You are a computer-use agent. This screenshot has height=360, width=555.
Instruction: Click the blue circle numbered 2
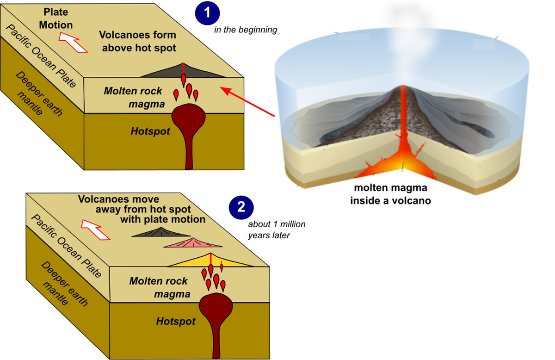pyautogui.click(x=241, y=207)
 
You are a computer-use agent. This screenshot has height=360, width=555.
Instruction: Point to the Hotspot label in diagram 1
pyautogui.click(x=150, y=131)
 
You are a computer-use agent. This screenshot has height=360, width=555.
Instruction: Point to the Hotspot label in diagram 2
pyautogui.click(x=176, y=321)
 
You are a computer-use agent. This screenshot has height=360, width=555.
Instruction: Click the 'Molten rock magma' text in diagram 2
pyautogui.click(x=159, y=287)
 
